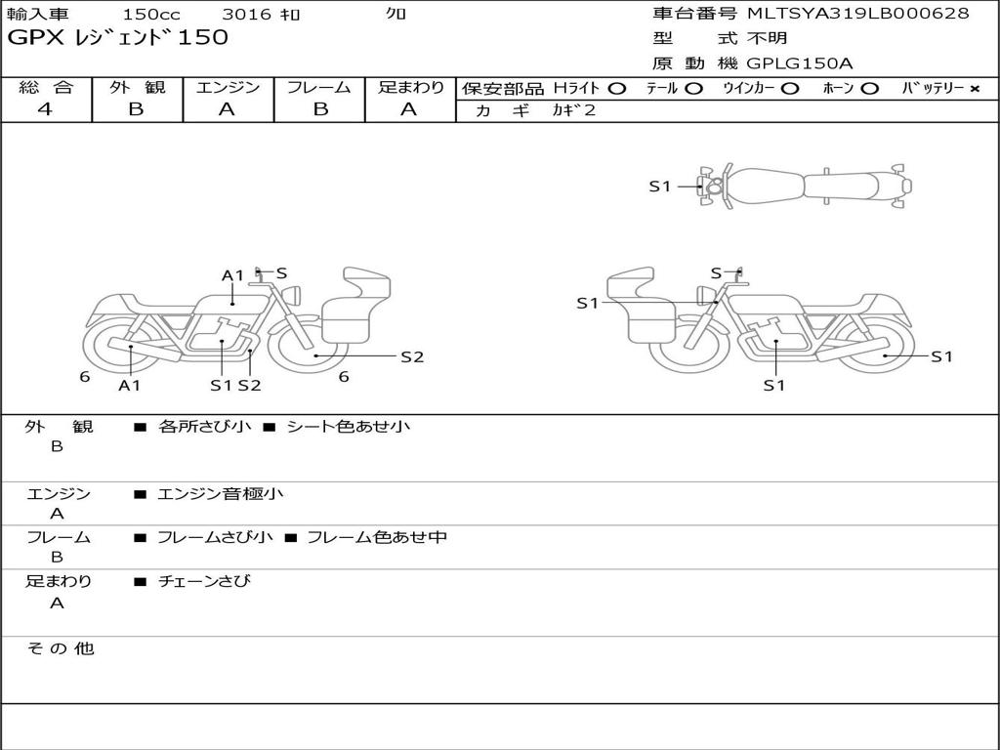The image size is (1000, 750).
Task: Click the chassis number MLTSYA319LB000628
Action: [857, 13]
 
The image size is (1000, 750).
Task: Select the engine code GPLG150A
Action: [800, 63]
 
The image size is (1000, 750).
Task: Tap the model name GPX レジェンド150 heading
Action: [117, 37]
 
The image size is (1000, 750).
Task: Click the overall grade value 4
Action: [45, 109]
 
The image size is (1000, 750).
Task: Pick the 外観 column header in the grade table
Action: [137, 87]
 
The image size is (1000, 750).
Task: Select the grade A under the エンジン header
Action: [227, 109]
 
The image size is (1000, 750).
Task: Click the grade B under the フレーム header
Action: [320, 109]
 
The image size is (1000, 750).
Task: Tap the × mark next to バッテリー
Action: [975, 89]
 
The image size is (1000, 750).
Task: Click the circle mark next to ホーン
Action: [869, 89]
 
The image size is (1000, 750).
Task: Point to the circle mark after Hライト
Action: [617, 89]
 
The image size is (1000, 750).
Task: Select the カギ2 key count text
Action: [574, 110]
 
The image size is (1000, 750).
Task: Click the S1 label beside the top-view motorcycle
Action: [660, 187]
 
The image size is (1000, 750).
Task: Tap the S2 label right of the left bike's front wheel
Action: [412, 357]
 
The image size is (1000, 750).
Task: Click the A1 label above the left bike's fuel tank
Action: [232, 275]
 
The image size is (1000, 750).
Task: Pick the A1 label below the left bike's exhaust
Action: [130, 385]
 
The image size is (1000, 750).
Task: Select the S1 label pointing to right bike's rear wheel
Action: [942, 356]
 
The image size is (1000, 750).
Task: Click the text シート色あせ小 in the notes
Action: [349, 426]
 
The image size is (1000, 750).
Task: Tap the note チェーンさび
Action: [204, 581]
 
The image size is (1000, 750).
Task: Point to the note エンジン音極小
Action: [220, 493]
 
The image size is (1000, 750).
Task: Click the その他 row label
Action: [60, 648]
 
